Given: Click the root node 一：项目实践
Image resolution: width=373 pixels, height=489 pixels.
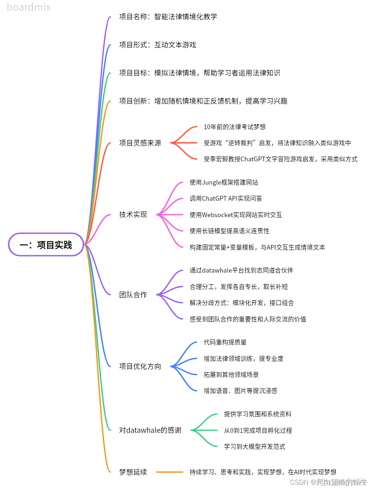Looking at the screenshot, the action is point(46,244).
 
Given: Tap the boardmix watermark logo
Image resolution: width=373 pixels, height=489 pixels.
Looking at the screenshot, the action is point(29,7).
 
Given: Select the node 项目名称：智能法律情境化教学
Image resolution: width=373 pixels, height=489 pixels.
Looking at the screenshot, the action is point(168,17).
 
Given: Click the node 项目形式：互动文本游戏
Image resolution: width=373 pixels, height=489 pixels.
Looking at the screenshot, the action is point(157,45).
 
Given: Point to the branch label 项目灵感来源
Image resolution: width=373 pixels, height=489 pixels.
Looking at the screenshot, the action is point(140,143).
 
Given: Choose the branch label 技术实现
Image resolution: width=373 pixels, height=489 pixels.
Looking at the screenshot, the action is point(133,215).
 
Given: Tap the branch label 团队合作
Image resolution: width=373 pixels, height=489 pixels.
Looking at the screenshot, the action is point(133,295).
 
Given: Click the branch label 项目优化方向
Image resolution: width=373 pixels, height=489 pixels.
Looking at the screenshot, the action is point(140,366).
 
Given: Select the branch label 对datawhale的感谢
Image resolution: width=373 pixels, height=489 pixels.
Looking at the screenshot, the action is point(150,430).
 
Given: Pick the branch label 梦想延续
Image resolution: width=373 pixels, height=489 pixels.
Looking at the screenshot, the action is point(133,472).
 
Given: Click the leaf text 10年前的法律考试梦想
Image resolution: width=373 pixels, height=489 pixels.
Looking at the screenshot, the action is point(235,127).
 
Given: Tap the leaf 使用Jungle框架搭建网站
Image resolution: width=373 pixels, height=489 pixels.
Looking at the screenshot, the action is point(224,182).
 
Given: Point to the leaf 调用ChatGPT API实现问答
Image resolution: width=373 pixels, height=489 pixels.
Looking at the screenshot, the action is point(226,199).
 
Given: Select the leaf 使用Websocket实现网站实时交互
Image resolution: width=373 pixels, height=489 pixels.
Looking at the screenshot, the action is point(236,215).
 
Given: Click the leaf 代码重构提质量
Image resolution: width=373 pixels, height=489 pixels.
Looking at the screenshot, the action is point(225,342).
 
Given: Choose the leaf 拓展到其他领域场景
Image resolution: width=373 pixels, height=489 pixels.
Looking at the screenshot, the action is point(231,375).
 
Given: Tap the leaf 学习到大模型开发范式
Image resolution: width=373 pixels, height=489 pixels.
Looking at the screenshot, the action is point(255,447).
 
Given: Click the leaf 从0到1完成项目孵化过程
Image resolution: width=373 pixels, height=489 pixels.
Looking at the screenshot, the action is point(258,431).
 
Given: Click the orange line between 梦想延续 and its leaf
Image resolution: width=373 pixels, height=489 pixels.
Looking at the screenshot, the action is point(170,472).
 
